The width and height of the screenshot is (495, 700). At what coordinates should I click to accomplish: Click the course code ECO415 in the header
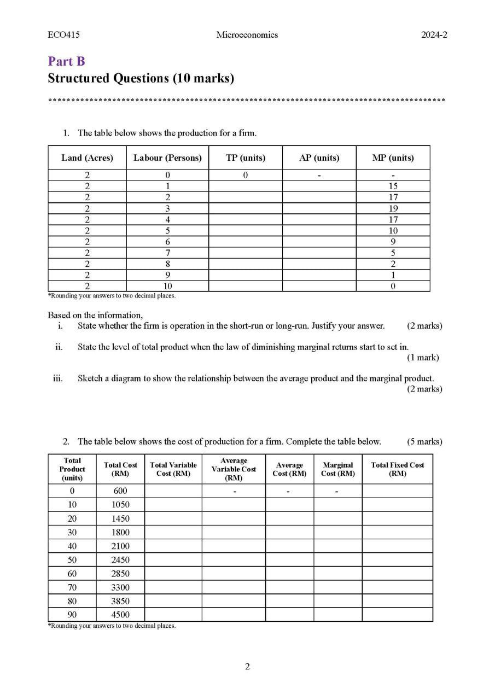pyautogui.click(x=63, y=35)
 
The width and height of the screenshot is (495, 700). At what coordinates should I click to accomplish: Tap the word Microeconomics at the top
pyautogui.click(x=247, y=35)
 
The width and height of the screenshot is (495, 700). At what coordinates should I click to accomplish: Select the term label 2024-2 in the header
pyautogui.click(x=434, y=35)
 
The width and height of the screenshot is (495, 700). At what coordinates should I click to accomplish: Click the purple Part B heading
pyautogui.click(x=66, y=61)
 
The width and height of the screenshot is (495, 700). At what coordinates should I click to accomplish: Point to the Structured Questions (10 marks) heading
pyautogui.click(x=141, y=78)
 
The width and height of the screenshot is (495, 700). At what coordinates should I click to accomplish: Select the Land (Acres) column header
pyautogui.click(x=87, y=157)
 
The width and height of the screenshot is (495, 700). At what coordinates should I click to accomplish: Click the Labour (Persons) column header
pyautogui.click(x=167, y=157)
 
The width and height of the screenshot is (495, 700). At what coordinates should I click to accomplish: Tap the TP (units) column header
pyautogui.click(x=246, y=157)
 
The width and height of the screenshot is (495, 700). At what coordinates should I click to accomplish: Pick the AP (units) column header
pyautogui.click(x=319, y=157)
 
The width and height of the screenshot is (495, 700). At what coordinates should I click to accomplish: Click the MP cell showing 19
pyautogui.click(x=393, y=208)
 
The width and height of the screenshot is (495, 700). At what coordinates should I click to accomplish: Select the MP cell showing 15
pyautogui.click(x=393, y=186)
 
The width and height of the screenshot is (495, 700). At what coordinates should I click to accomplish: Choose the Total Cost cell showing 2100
pyautogui.click(x=120, y=546)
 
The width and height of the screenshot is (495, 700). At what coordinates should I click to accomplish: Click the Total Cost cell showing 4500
pyautogui.click(x=120, y=615)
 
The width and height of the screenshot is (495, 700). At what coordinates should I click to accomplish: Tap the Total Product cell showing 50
pyautogui.click(x=72, y=559)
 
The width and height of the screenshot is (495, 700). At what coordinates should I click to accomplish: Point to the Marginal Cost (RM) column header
pyautogui.click(x=337, y=469)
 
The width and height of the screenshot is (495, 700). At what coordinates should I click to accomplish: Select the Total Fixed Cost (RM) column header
pyautogui.click(x=397, y=469)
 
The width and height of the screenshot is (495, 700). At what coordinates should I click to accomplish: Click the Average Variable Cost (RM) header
pyautogui.click(x=234, y=469)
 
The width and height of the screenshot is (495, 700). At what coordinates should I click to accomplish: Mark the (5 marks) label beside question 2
pyautogui.click(x=424, y=441)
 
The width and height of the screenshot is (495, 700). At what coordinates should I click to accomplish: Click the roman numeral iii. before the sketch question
pyautogui.click(x=57, y=378)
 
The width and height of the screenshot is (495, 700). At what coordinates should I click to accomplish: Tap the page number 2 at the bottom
pyautogui.click(x=247, y=666)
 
